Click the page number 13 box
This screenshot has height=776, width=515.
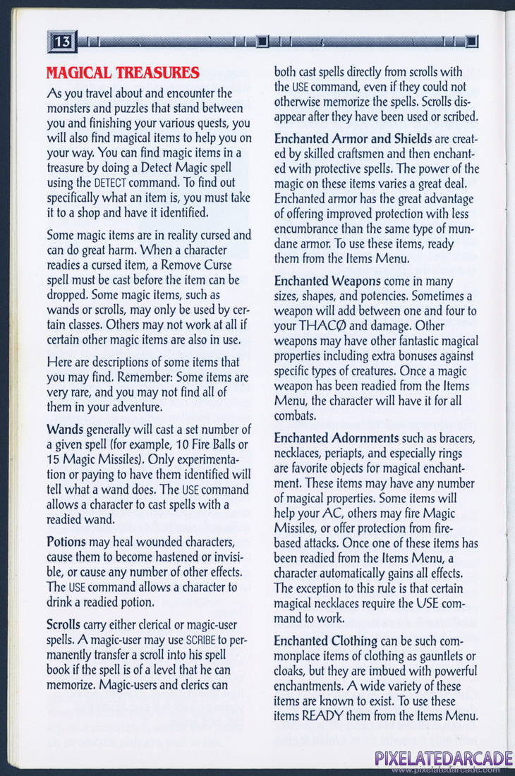(61, 42)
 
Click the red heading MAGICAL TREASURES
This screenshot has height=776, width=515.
(122, 73)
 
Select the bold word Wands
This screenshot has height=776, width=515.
(64, 430)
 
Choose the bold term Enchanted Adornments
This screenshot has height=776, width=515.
(336, 439)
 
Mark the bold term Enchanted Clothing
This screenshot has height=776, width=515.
(325, 641)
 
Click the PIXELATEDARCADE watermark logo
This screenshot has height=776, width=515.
(444, 758)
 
